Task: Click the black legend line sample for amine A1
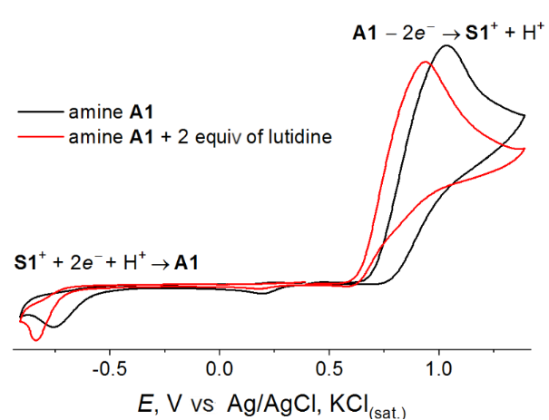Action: coord(39,112)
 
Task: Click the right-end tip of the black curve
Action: coord(525,116)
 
